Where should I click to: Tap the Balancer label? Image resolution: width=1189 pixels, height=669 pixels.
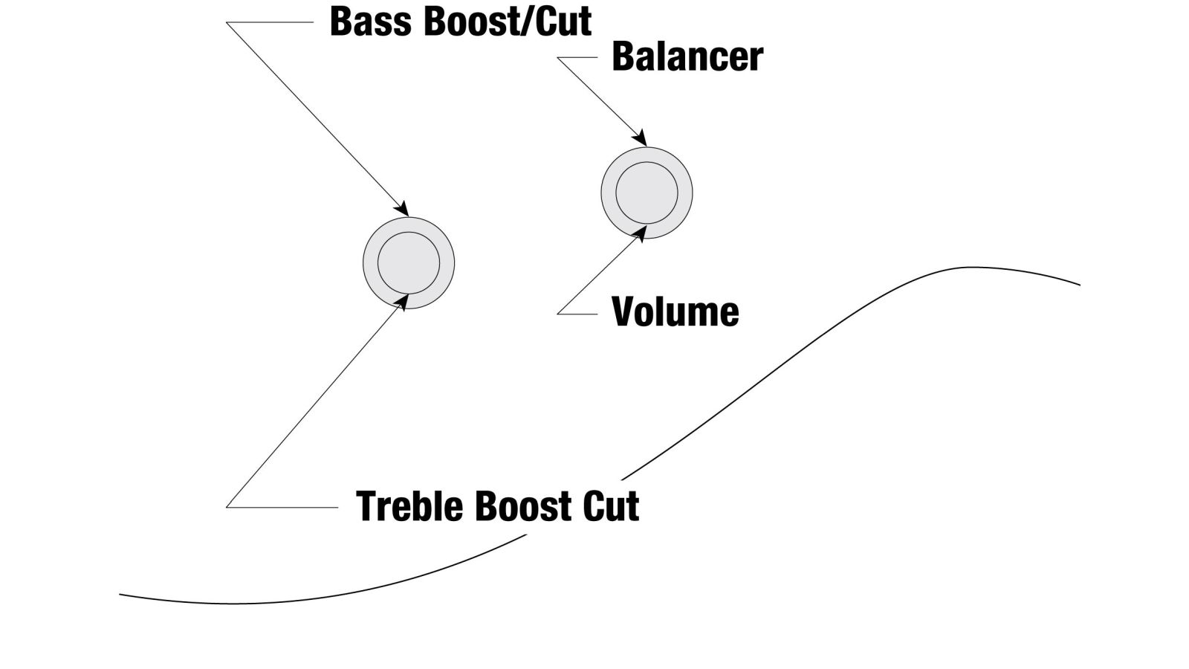[687, 56]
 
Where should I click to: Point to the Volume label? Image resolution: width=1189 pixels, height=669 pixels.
[676, 311]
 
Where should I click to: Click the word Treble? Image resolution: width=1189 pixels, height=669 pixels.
[409, 506]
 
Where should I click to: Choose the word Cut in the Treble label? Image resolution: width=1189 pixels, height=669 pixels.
[611, 506]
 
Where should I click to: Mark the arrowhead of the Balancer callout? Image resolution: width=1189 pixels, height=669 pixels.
[640, 138]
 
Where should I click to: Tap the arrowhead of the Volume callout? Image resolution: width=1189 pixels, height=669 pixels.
[640, 233]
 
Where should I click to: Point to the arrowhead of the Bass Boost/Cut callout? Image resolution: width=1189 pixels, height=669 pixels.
[401, 208]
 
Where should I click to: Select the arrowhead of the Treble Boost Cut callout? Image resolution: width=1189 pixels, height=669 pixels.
[402, 302]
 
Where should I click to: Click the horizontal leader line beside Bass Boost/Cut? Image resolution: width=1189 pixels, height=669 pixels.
[270, 22]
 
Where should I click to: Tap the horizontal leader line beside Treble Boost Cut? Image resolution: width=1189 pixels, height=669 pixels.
[282, 507]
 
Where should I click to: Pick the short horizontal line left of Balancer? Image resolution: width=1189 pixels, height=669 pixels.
[577, 57]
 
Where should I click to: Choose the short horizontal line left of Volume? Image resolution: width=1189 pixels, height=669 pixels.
[577, 314]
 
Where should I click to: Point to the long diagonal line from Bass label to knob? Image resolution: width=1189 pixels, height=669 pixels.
[317, 119]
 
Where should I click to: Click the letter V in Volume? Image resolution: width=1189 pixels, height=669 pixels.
[624, 311]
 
